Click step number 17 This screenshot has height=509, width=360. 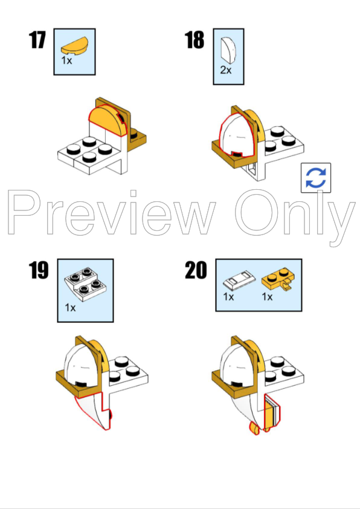(x=37, y=40)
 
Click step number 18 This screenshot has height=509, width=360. (x=194, y=40)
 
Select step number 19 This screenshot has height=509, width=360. (x=39, y=270)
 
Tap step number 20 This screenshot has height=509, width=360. (x=196, y=270)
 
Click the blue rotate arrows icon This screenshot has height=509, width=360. (x=316, y=178)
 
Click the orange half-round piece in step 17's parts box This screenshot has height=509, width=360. (x=74, y=45)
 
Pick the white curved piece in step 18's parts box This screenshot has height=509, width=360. (x=228, y=50)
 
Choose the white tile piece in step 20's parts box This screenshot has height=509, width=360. (x=239, y=281)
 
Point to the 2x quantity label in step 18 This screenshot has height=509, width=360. (x=226, y=70)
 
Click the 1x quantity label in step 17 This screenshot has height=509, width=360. (x=67, y=60)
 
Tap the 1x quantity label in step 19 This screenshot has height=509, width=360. (x=71, y=308)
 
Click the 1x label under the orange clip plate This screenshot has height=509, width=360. (x=267, y=297)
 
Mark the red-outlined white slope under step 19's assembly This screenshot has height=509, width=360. (x=94, y=410)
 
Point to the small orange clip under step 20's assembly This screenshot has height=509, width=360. (x=254, y=429)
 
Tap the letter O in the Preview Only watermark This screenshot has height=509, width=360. (x=256, y=212)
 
